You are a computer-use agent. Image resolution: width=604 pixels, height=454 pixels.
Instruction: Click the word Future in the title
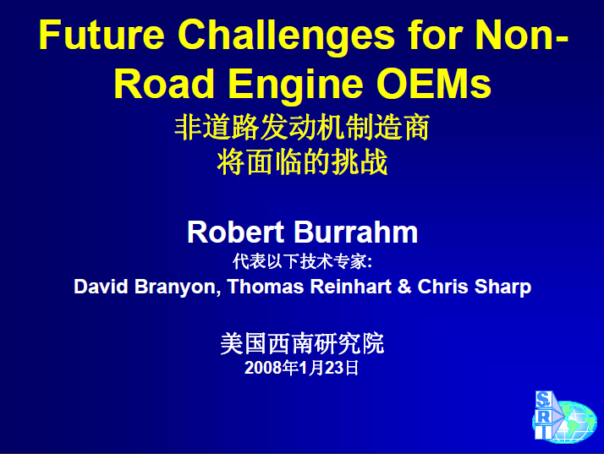102,35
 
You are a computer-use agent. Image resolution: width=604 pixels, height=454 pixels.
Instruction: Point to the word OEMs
434,83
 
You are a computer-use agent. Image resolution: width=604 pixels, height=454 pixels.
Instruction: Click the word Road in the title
164,83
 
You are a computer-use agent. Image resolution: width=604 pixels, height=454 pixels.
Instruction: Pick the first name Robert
236,232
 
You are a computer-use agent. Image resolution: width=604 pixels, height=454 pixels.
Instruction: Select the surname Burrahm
356,232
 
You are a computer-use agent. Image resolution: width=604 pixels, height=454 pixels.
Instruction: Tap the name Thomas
266,287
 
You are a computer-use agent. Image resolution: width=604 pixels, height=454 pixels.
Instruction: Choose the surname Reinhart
351,287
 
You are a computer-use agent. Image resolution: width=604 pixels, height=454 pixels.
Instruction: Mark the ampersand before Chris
404,287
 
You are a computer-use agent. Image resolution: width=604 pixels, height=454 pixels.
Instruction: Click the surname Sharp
502,287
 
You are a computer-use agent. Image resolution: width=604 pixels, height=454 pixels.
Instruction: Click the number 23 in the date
334,368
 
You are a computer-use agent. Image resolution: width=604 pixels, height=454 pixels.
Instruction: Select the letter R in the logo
544,417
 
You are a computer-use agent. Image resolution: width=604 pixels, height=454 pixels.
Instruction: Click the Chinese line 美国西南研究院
302,343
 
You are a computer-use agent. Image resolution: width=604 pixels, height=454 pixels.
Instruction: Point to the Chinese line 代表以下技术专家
302,261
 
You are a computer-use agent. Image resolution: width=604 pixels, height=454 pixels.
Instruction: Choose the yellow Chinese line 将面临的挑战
302,162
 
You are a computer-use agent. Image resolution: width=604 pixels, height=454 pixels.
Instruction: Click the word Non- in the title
522,35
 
